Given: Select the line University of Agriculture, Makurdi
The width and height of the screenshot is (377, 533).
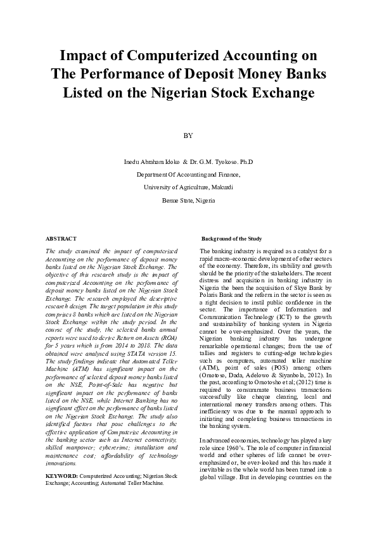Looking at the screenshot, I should click(x=188, y=187).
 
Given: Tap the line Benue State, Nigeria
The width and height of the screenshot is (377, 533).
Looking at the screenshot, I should click(x=188, y=200).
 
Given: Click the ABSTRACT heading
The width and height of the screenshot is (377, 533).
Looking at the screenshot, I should click(x=61, y=239).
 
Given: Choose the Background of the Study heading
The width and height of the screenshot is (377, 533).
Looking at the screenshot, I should click(x=231, y=239).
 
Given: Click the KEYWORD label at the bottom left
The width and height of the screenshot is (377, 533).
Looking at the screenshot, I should click(x=62, y=475).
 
